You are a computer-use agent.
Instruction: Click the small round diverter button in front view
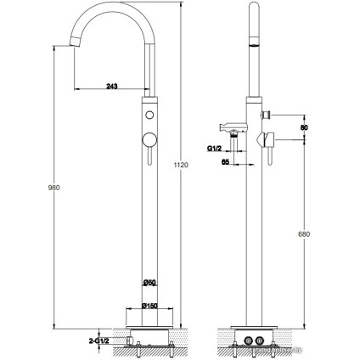pyautogui.click(x=149, y=115)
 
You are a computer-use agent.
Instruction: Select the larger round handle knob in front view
pyautogui.click(x=149, y=138)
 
